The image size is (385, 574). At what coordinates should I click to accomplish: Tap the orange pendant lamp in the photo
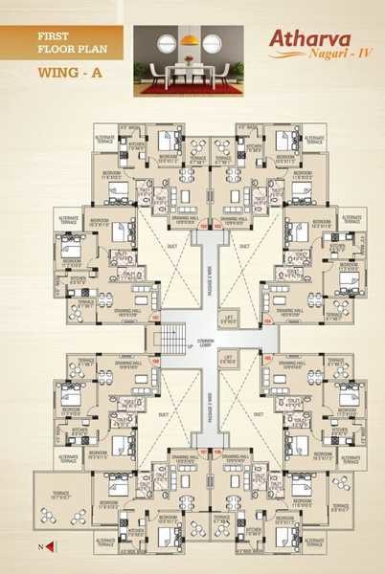click(190, 39)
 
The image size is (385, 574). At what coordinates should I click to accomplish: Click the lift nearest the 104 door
click(228, 320)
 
